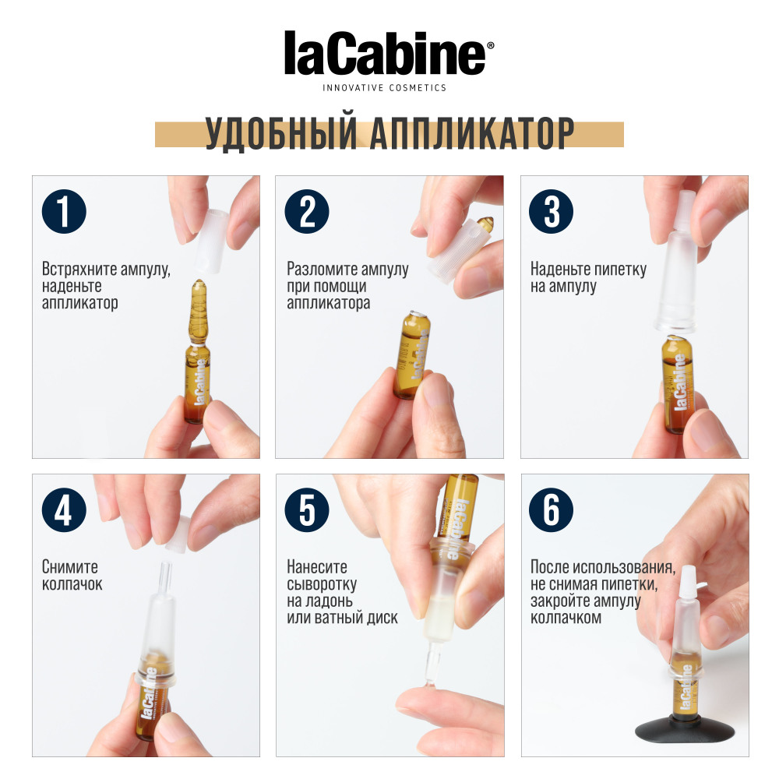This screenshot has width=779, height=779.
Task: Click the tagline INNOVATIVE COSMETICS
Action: (385, 88)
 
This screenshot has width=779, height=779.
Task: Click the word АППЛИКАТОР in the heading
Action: (472, 135)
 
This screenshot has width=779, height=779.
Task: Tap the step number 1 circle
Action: (64, 212)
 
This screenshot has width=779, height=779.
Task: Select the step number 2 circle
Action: (308, 212)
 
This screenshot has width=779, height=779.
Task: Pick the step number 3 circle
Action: (552, 212)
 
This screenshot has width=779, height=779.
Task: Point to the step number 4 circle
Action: (64, 511)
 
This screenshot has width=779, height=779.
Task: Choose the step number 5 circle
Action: (308, 511)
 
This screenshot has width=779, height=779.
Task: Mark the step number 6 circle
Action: (552, 511)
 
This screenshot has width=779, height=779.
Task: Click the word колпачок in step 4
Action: (72, 584)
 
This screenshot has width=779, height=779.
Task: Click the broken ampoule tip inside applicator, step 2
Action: (488, 225)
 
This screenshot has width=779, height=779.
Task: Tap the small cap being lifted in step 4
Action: (178, 532)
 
